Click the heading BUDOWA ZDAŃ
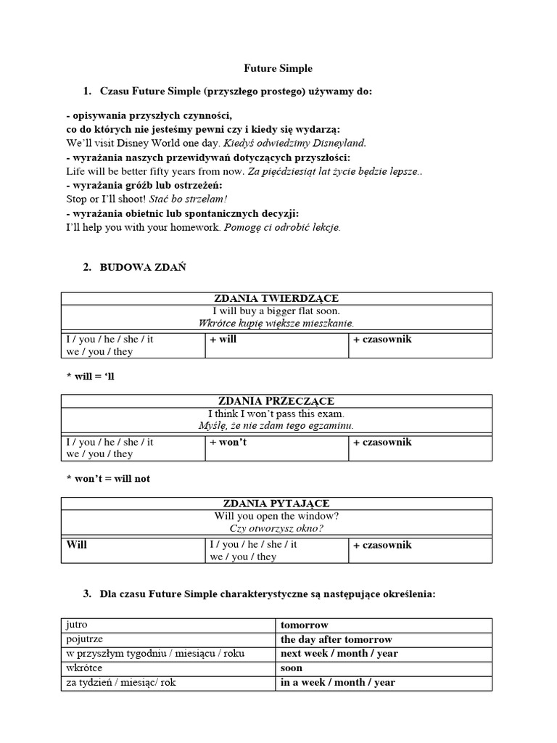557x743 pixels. point(143,267)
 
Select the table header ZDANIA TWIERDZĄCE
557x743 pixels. point(276,298)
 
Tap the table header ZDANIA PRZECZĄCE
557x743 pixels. point(276,401)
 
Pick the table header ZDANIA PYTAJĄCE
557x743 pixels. point(276,504)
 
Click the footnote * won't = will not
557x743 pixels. point(108,479)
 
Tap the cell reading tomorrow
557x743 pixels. point(305,625)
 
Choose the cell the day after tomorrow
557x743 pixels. point(337,639)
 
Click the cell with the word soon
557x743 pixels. point(292,668)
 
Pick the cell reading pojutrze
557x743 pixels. point(84,639)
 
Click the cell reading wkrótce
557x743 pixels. point(83,668)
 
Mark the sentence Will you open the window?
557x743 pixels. point(276,516)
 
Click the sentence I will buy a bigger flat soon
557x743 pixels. point(276,311)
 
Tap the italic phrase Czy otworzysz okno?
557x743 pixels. point(276,528)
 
